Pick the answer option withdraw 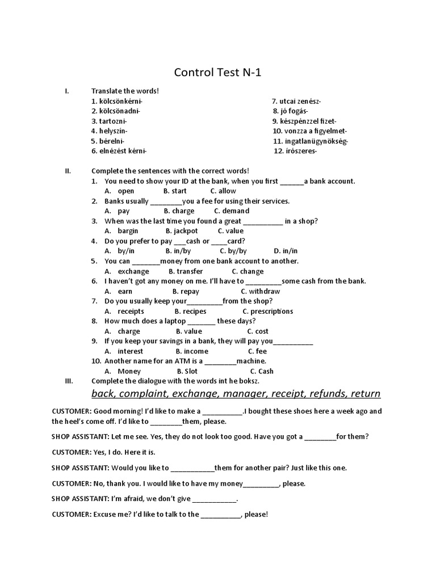coord(265,291)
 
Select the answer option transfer coord(190,271)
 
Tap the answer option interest coord(131,351)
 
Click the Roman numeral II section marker coord(68,171)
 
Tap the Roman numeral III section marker coord(69,381)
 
